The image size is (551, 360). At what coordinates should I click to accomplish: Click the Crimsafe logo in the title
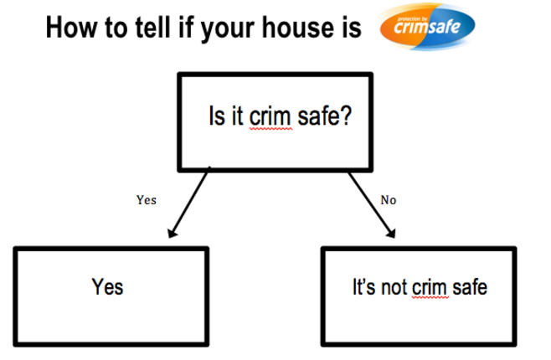pyautogui.click(x=427, y=26)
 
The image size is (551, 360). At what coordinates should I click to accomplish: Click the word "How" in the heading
pyautogui.click(x=70, y=28)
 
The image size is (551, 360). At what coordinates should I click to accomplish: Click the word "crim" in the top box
pyautogui.click(x=270, y=116)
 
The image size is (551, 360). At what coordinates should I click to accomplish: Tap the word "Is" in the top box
pyautogui.click(x=215, y=116)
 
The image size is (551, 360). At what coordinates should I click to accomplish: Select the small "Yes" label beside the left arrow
pyautogui.click(x=147, y=200)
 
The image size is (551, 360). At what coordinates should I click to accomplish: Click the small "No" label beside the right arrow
pyautogui.click(x=389, y=200)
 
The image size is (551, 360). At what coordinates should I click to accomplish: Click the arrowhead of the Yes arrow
pyautogui.click(x=173, y=233)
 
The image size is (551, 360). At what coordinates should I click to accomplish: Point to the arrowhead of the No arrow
pyautogui.click(x=391, y=234)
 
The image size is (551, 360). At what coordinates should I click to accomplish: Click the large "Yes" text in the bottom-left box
pyautogui.click(x=107, y=287)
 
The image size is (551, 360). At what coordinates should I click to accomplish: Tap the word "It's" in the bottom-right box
pyautogui.click(x=363, y=287)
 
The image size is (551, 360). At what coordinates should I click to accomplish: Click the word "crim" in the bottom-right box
pyautogui.click(x=430, y=288)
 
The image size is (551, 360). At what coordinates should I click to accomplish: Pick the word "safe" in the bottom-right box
pyautogui.click(x=470, y=287)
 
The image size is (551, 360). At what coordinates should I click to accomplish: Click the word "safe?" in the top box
pyautogui.click(x=325, y=116)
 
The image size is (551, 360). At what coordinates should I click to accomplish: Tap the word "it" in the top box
pyautogui.click(x=237, y=116)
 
